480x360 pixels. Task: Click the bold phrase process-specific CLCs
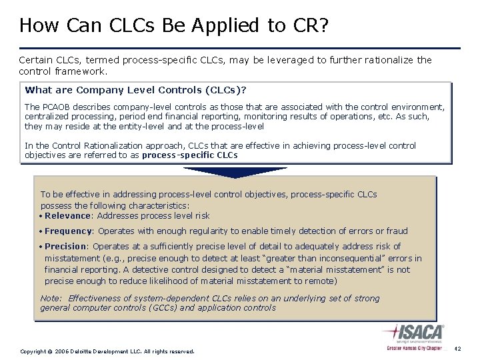tap(189, 155)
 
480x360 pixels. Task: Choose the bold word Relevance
tap(67, 215)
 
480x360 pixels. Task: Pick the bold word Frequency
tap(69, 231)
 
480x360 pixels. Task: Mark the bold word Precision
tap(66, 247)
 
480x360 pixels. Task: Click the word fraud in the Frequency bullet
tap(397, 231)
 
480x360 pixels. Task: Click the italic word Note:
tap(51, 299)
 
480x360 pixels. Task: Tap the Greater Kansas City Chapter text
tap(414, 349)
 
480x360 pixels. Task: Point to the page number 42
tap(457, 349)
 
